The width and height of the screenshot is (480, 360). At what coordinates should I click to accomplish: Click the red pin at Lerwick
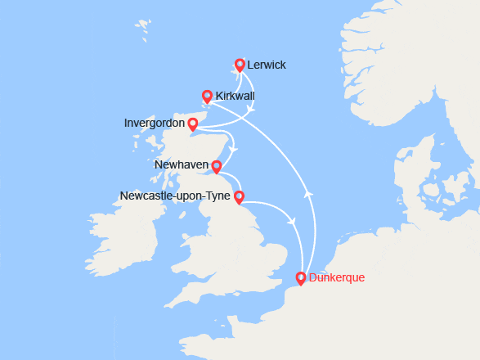point(240,65)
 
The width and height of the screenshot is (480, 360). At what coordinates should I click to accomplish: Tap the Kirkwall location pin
point(207,96)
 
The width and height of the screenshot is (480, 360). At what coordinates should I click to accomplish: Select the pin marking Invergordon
point(192,124)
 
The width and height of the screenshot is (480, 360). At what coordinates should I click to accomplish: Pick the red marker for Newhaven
point(216,167)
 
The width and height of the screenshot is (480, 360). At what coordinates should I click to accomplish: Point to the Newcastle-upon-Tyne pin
point(239,196)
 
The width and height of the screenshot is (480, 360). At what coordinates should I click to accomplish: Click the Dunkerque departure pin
point(301,277)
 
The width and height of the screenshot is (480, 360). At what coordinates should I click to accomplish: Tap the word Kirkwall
point(236,97)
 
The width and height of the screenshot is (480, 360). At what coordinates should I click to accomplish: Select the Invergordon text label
point(154,124)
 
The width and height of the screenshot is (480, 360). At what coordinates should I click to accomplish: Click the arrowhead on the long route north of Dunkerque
point(309,194)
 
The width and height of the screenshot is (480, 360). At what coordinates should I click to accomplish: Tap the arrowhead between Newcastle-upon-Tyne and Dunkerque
point(292,220)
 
